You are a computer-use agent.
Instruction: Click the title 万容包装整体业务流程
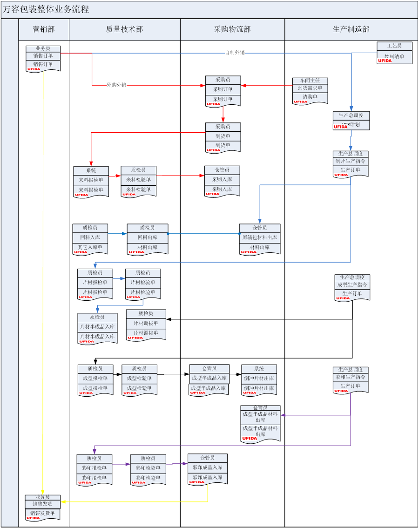click(46, 9)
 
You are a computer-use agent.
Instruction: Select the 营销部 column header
click(44, 29)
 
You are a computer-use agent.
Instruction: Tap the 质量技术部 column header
click(124, 29)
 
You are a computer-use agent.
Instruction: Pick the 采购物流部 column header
click(232, 29)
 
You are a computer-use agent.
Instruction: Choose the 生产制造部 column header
click(351, 29)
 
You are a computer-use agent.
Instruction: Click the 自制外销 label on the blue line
click(235, 53)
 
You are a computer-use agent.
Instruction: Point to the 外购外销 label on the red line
click(116, 85)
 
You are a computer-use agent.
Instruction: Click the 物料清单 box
click(394, 56)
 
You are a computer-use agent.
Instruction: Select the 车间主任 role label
click(310, 81)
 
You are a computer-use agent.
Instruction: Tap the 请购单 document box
click(310, 97)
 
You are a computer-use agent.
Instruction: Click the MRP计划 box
click(351, 125)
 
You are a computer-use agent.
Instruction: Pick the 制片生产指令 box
click(351, 161)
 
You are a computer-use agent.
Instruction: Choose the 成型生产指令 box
click(352, 284)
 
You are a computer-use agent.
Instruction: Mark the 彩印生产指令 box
click(351, 377)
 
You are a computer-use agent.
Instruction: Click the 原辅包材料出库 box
click(260, 237)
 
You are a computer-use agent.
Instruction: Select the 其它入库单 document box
click(90, 247)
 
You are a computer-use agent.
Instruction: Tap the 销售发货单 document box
click(43, 513)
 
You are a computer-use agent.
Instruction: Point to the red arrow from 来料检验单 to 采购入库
click(180, 176)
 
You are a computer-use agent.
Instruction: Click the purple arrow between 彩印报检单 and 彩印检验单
click(122, 464)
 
